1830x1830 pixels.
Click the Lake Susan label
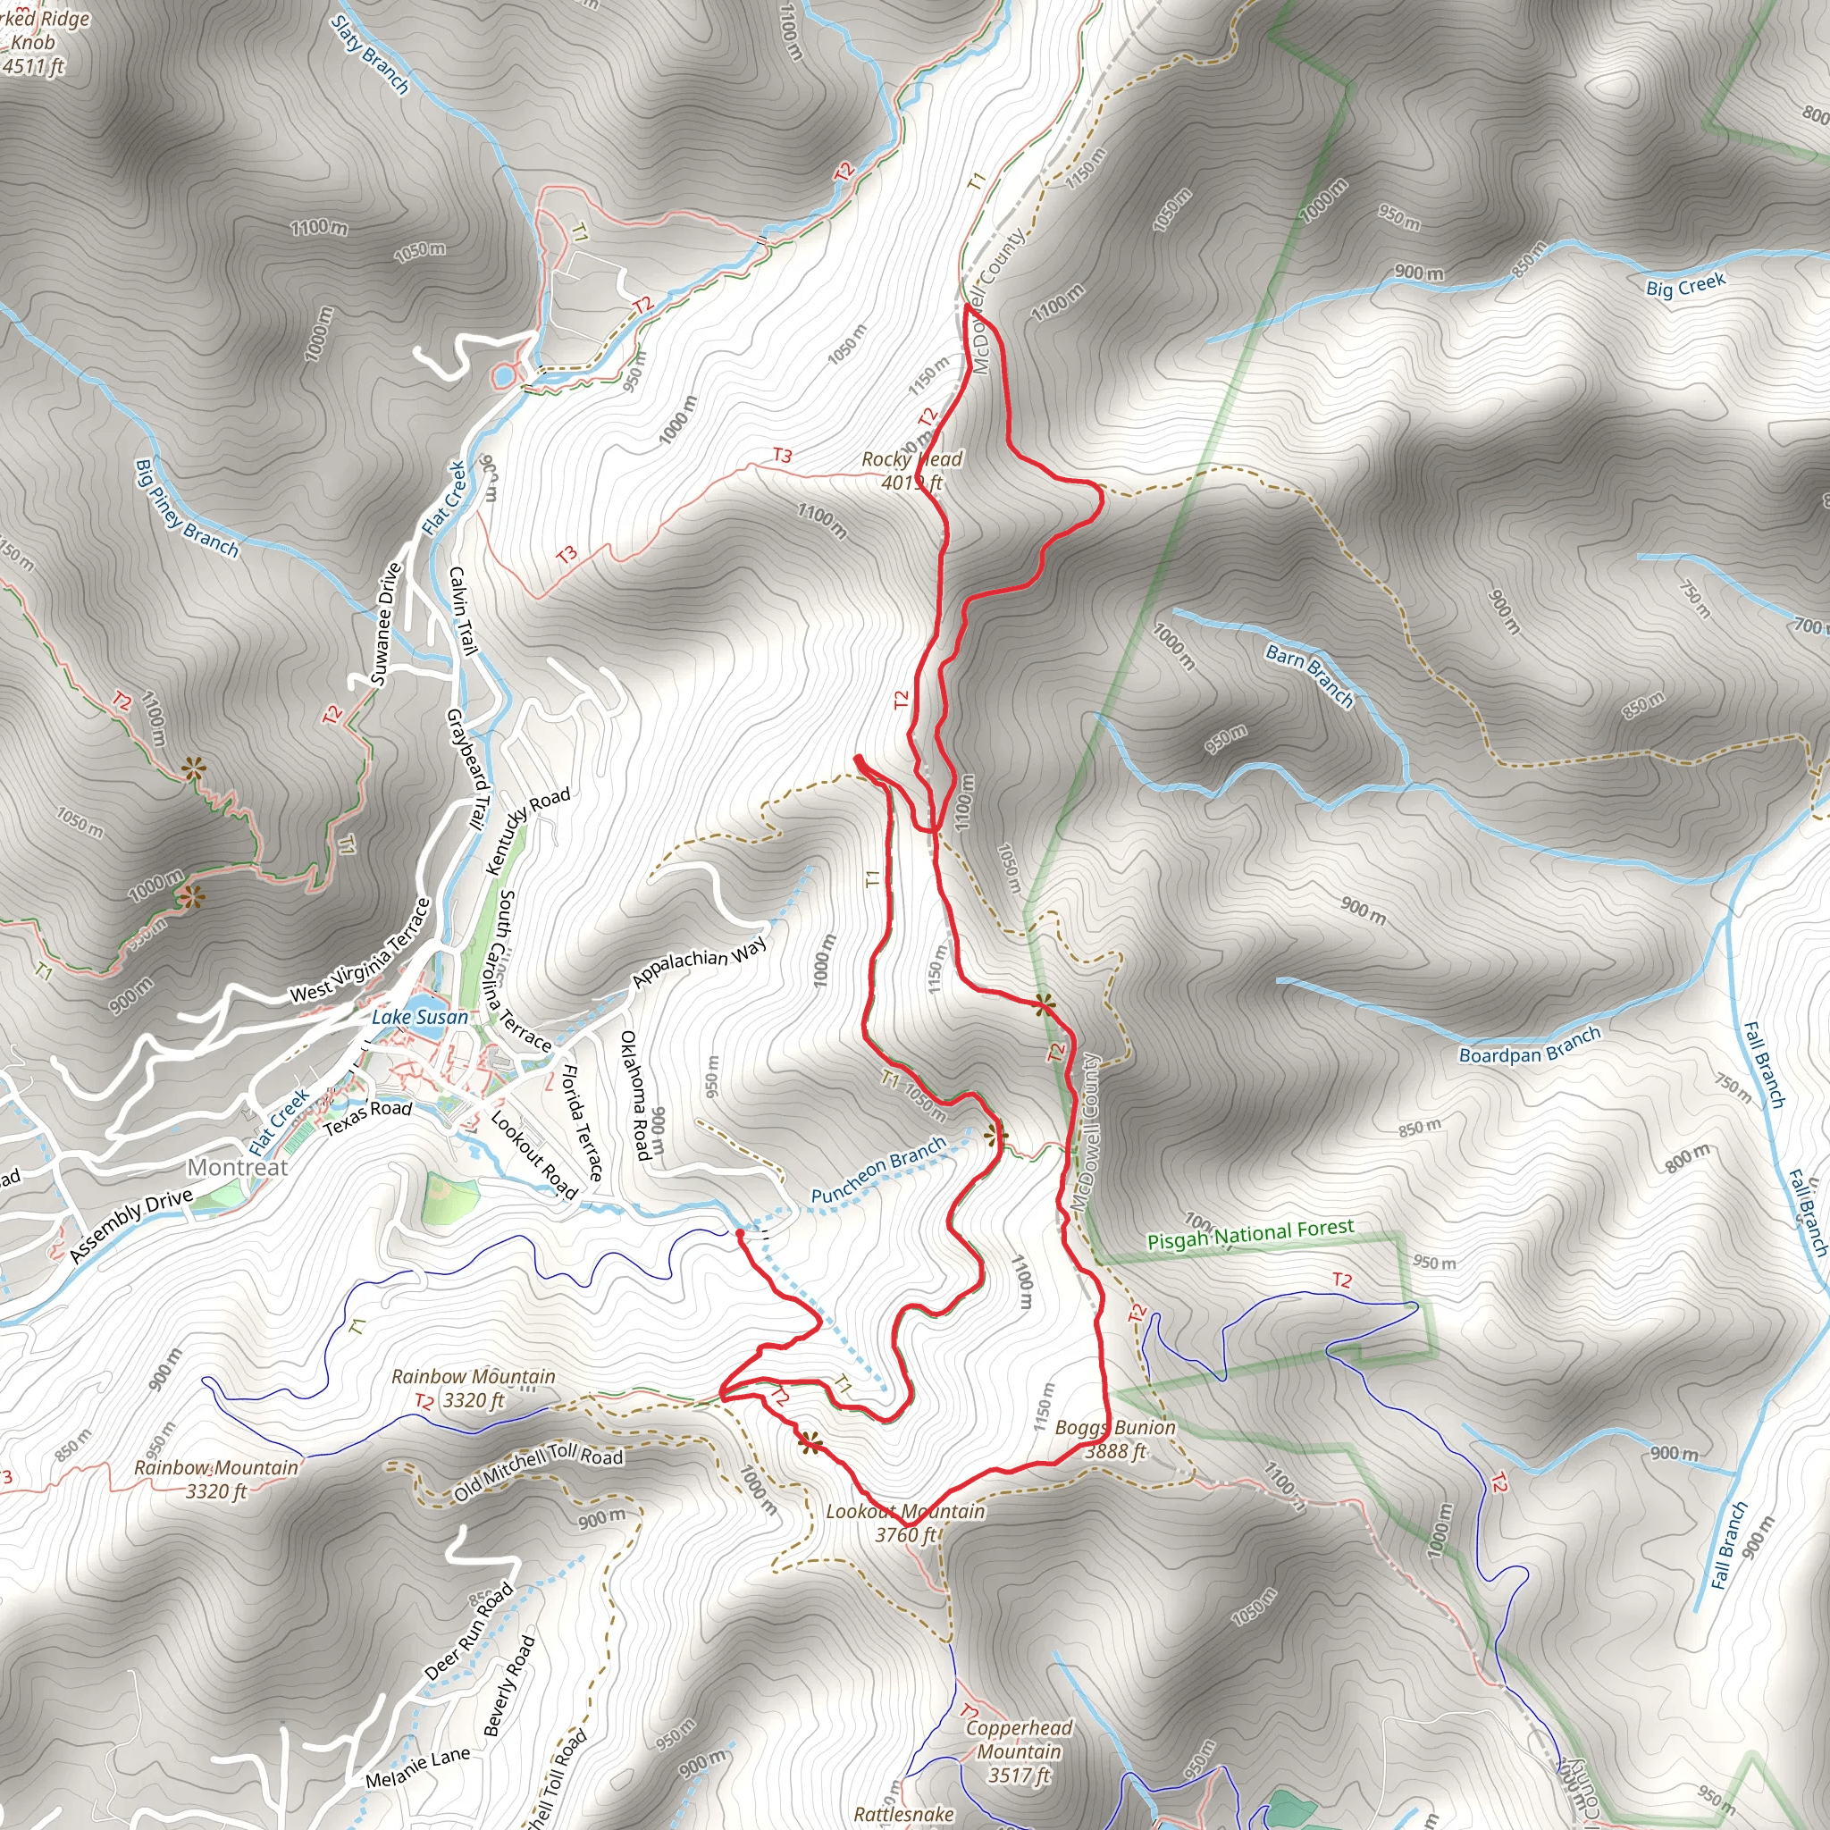coord(420,1017)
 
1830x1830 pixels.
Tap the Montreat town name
coord(237,1167)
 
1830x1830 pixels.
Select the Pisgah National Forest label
coord(1250,1235)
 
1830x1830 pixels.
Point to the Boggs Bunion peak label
coord(1115,1439)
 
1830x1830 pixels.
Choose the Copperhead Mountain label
coord(1020,1751)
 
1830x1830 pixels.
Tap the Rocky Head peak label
coord(911,471)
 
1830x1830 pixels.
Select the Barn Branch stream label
coord(1310,675)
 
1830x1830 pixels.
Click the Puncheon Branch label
coord(878,1170)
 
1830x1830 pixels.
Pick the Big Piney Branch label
coord(187,508)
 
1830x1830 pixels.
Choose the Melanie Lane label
coord(417,1767)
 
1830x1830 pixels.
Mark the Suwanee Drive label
coord(385,624)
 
